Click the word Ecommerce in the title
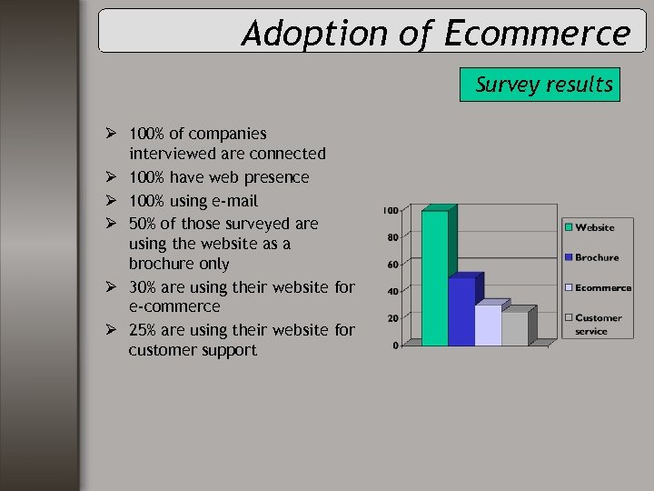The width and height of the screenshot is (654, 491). tap(537, 34)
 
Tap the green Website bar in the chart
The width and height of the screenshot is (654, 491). tap(435, 277)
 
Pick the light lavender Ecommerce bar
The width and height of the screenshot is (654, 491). tap(488, 325)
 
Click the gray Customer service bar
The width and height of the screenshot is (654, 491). tap(514, 328)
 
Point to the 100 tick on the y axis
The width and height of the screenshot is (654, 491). tap(390, 211)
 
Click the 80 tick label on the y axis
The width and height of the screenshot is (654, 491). tap(392, 238)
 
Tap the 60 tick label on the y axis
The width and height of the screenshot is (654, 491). tap(392, 266)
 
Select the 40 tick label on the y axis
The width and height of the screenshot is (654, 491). tap(392, 292)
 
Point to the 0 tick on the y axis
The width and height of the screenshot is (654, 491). tap(395, 346)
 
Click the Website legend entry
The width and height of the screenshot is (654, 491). tap(594, 227)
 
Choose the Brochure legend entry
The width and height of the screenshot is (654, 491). tap(596, 257)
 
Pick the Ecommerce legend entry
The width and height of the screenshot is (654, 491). tap(602, 287)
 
